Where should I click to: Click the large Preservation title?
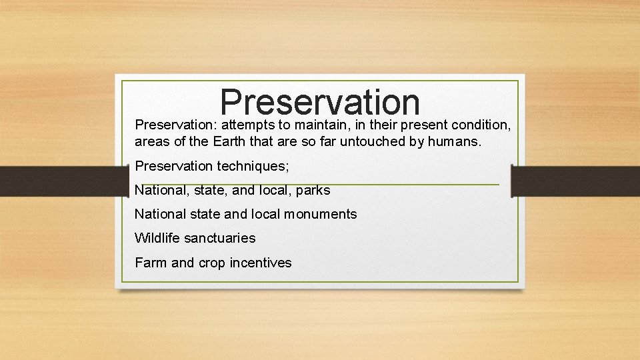pyautogui.click(x=320, y=102)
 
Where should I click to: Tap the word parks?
pyautogui.click(x=313, y=190)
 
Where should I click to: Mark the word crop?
pyautogui.click(x=211, y=263)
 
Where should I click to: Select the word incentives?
pyautogui.click(x=261, y=263)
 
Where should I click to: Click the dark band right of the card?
pyautogui.click(x=576, y=181)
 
